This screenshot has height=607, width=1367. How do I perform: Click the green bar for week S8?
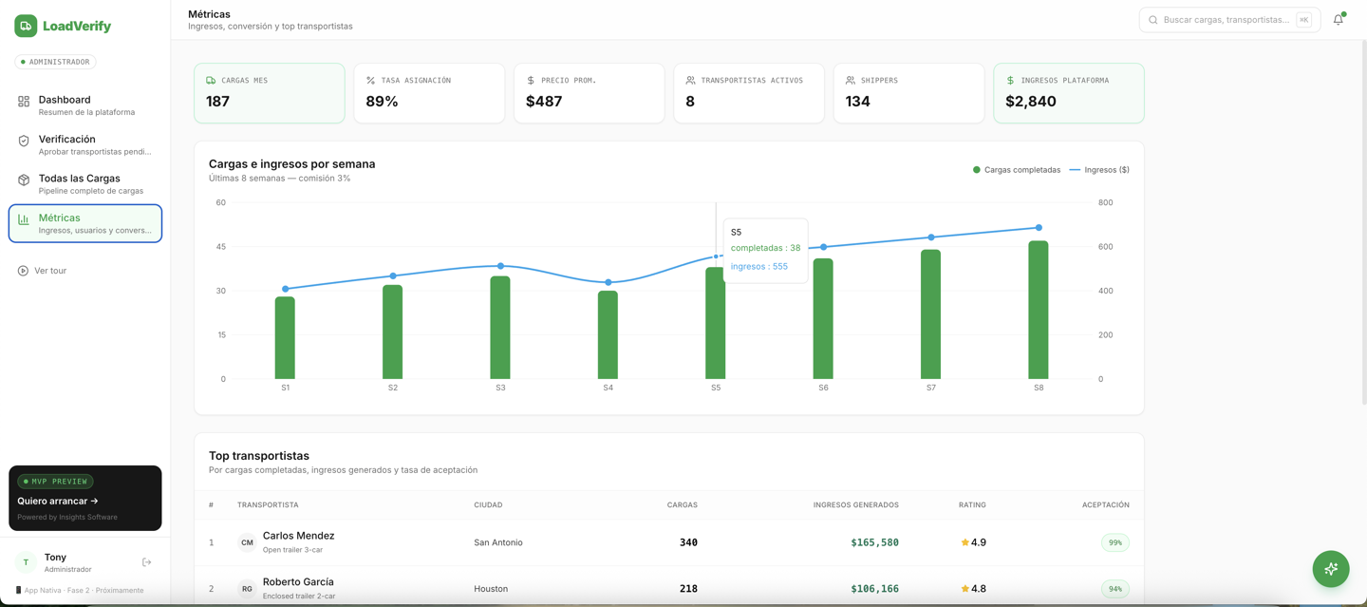[x=1039, y=310]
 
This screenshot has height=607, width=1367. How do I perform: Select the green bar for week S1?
[x=285, y=338]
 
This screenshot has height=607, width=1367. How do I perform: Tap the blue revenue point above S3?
[x=500, y=266]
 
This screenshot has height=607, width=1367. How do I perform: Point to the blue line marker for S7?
[x=930, y=237]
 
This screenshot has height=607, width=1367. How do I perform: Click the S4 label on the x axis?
[x=608, y=388]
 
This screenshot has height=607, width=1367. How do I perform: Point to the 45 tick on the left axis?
[x=221, y=247]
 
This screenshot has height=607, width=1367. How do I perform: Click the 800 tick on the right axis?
[x=1105, y=202]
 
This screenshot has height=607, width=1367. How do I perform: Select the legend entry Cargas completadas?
[x=1017, y=170]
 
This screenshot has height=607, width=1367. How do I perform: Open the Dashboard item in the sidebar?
[x=84, y=105]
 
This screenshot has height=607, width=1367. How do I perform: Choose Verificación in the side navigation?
[x=84, y=144]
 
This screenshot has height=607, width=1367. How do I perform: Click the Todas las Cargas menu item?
[x=84, y=184]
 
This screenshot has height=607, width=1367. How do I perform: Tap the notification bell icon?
[x=1338, y=20]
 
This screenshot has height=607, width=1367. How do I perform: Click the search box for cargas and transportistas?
[x=1229, y=20]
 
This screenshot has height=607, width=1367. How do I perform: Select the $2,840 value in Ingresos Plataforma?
[x=1030, y=102]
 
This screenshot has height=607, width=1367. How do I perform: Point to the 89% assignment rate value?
[x=382, y=102]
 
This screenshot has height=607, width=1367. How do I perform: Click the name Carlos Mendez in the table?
[x=298, y=536]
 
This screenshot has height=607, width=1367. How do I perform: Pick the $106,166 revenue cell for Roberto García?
[x=874, y=589]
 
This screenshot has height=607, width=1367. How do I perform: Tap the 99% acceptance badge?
[x=1114, y=542]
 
